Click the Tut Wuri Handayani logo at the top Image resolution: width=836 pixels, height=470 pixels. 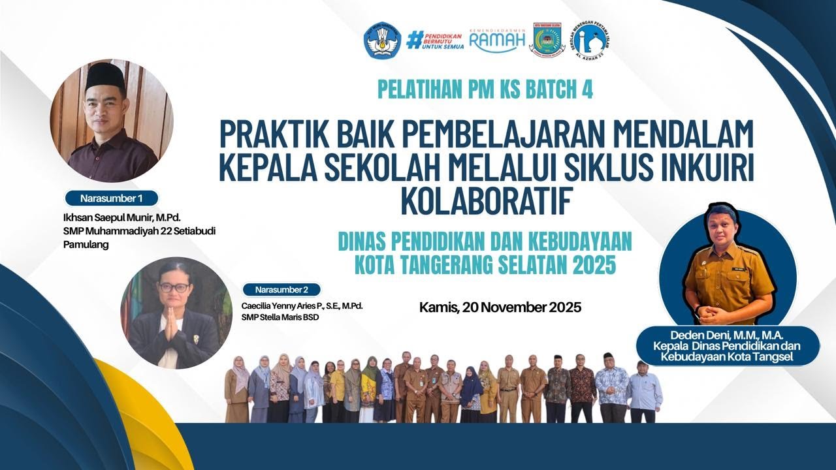point(382,40)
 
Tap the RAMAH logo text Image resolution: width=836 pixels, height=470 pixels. point(497,42)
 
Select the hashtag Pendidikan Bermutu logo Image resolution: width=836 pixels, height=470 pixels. point(434,40)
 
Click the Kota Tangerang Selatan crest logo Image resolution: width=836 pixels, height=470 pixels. point(547,40)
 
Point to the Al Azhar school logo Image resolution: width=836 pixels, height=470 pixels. point(591,40)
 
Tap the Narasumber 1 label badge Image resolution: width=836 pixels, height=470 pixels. point(111,198)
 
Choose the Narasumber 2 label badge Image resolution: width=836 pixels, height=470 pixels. point(281,289)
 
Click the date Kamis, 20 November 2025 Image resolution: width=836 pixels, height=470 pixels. point(500,307)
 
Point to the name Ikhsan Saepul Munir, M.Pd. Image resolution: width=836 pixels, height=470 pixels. point(118,217)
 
